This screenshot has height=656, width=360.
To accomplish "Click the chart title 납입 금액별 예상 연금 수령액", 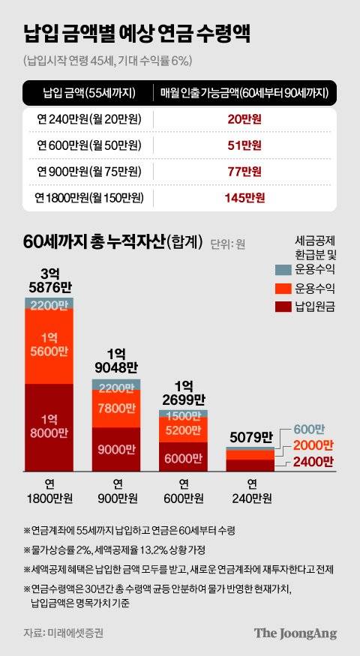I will click(x=136, y=34).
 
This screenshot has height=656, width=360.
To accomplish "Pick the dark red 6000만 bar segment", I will click(x=183, y=457).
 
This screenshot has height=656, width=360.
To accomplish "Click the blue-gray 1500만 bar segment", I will click(x=183, y=414).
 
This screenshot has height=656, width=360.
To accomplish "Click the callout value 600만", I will click(x=309, y=429).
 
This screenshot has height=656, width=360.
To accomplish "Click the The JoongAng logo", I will click(x=295, y=633).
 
